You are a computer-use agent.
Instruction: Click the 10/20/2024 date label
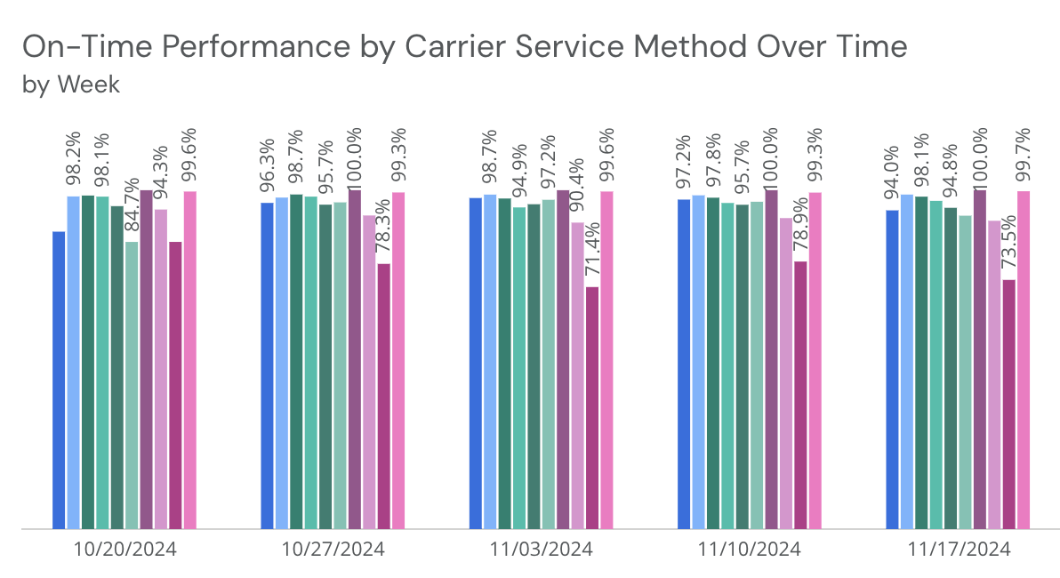pyautogui.click(x=124, y=550)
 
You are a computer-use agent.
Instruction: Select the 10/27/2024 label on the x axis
pyautogui.click(x=333, y=550)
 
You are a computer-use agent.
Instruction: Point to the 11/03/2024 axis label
pyautogui.click(x=541, y=550)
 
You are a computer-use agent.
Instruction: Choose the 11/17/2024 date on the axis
pyautogui.click(x=958, y=550)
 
